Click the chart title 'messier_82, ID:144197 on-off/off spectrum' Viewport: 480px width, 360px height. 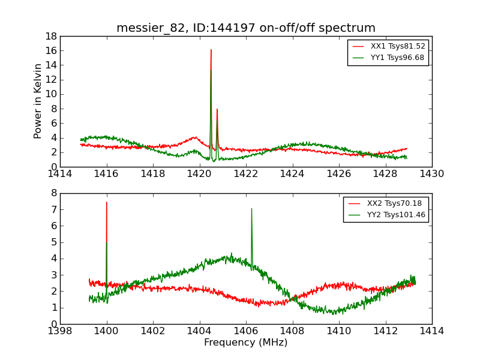pos(246,28)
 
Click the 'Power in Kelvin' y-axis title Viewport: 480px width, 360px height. pos(38,101)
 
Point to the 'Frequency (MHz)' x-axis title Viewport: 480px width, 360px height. pos(246,343)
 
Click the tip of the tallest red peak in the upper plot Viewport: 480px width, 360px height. pos(211,50)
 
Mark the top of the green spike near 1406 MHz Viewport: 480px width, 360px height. pos(251,209)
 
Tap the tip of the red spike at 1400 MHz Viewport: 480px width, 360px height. pos(107,202)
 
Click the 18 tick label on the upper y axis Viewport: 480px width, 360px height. pos(51,36)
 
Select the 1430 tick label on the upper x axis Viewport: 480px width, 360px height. pos(431,174)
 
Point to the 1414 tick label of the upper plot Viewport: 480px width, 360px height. pos(61,174)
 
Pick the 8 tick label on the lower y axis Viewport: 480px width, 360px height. pos(54,193)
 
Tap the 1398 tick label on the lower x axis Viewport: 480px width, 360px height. pos(61,331)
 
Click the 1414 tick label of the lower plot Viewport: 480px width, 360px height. pos(431,331)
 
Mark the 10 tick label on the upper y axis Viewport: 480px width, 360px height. pos(51,94)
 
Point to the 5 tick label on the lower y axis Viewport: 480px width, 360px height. pos(54,242)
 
